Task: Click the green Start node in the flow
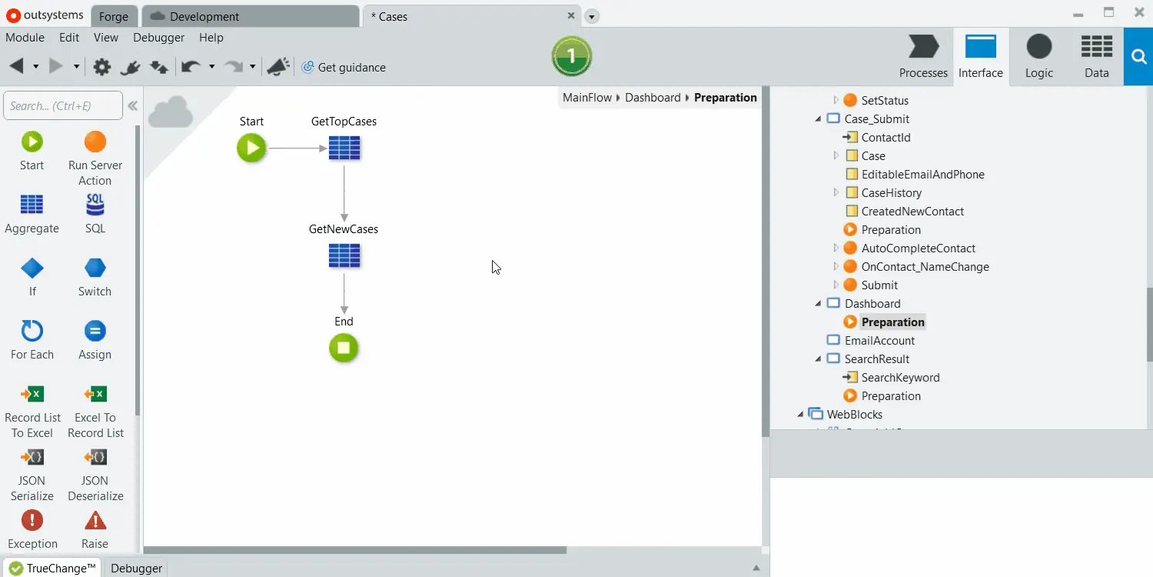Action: click(251, 148)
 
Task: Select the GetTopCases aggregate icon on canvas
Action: click(344, 148)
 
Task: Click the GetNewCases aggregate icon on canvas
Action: click(344, 255)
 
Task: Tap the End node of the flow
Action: click(344, 349)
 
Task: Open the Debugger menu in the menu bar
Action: click(158, 38)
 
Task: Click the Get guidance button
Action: click(344, 68)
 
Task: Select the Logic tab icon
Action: click(1039, 47)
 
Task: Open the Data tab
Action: click(1096, 56)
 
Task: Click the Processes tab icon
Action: click(923, 47)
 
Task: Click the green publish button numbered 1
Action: click(571, 56)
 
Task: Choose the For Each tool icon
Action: click(32, 331)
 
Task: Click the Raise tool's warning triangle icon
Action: click(95, 521)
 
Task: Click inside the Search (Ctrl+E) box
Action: click(63, 105)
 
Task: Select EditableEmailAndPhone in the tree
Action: click(923, 175)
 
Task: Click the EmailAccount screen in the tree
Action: click(879, 341)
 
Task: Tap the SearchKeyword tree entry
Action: click(900, 378)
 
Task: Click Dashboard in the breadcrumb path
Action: click(653, 98)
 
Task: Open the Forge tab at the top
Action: click(113, 16)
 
